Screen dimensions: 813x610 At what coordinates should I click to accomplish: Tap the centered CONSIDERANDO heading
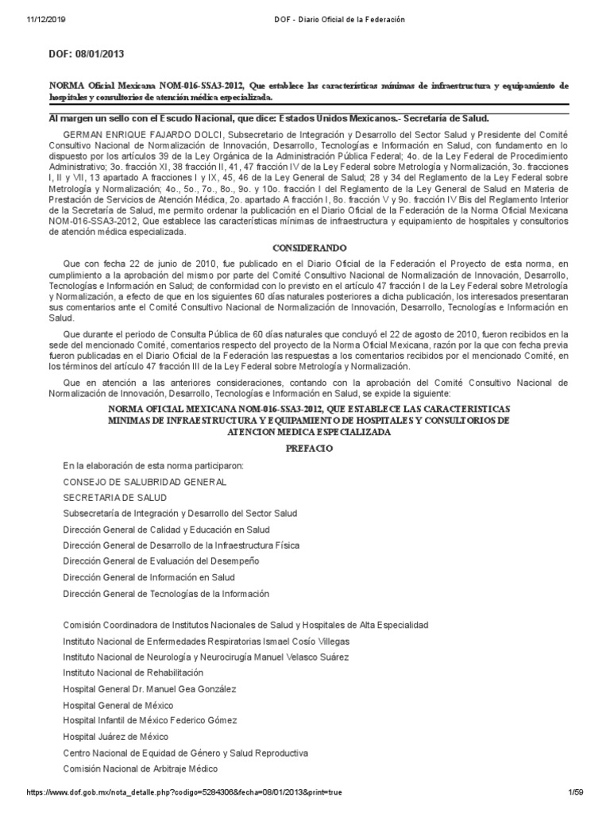[305, 249]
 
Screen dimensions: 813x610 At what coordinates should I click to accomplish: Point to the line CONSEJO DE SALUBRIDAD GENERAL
[145, 482]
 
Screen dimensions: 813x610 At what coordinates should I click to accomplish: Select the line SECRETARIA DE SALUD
[114, 498]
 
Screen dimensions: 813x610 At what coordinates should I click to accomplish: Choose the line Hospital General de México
[118, 705]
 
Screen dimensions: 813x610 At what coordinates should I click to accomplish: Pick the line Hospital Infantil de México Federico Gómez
[156, 721]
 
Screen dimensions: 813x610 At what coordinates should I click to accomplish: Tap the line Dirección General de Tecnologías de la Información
[166, 593]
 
